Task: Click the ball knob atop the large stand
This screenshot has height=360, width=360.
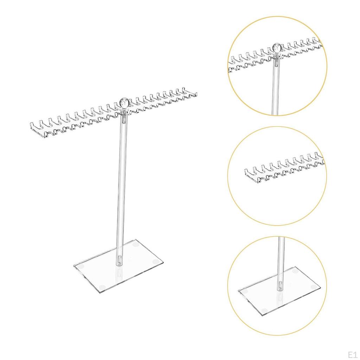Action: click(123, 103)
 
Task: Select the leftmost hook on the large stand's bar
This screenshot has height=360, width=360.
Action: click(32, 126)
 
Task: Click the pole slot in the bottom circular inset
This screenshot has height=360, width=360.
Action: click(280, 285)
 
